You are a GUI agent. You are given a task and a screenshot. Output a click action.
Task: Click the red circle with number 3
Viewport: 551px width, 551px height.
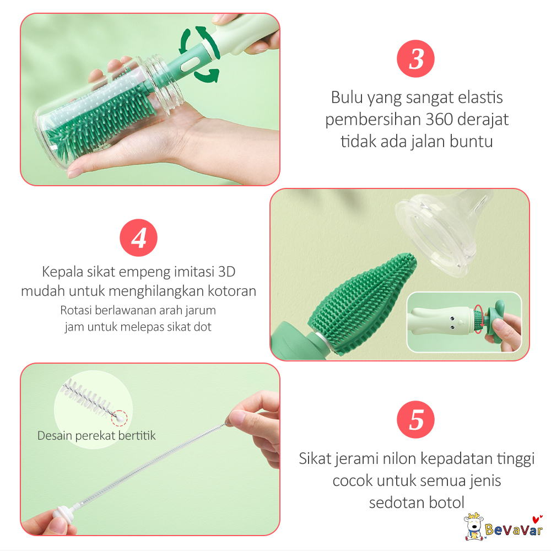click(415, 59)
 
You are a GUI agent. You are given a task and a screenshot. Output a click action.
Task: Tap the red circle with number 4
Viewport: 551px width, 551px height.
click(138, 238)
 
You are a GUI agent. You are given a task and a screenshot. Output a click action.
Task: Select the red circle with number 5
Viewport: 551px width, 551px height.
click(415, 419)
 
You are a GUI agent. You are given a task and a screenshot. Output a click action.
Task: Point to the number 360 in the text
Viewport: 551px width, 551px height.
click(439, 120)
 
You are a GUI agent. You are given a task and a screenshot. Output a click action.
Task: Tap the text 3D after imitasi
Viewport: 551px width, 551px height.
click(226, 272)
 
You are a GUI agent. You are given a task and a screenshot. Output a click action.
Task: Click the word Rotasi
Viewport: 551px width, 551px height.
click(76, 310)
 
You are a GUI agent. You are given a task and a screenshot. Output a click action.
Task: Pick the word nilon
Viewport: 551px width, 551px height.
click(399, 458)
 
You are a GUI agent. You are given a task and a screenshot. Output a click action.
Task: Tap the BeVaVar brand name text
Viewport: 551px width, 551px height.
click(514, 530)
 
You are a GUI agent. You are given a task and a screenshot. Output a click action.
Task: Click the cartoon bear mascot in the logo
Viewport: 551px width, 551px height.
click(474, 526)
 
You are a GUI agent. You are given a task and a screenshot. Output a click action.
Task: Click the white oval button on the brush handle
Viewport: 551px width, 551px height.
click(189, 66)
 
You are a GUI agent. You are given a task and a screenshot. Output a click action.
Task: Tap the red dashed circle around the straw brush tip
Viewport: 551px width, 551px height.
click(120, 418)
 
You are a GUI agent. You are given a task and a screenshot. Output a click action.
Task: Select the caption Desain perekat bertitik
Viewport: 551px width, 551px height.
click(96, 436)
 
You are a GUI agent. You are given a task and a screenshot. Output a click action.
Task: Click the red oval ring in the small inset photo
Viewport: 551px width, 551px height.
click(478, 318)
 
